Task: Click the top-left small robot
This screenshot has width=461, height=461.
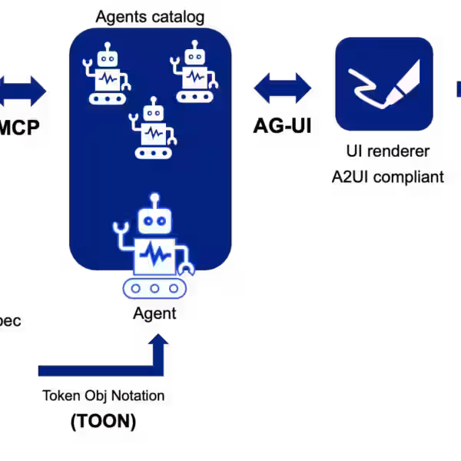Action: tap(107, 75)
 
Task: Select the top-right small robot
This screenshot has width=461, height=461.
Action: tap(194, 75)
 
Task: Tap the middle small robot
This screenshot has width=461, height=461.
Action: tap(154, 129)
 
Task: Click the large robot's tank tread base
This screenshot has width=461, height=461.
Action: tap(154, 289)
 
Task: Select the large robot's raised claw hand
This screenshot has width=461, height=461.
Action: tap(120, 227)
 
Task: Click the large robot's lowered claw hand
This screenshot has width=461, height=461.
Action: tap(187, 268)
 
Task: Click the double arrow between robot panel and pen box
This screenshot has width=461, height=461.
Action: tap(283, 88)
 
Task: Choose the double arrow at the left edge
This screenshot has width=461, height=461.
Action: tap(22, 91)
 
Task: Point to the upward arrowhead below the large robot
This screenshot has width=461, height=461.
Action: tap(158, 340)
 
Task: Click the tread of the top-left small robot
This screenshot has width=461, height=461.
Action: tap(107, 98)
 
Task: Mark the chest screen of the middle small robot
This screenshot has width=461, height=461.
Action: tap(154, 133)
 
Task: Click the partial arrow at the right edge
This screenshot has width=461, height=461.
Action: tap(458, 88)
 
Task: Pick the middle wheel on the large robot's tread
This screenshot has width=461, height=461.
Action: tap(154, 289)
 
